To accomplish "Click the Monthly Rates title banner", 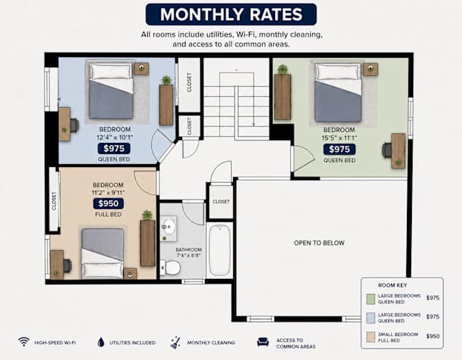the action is [231, 14].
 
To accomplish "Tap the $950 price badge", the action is [109, 203].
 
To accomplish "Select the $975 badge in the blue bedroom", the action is [114, 148].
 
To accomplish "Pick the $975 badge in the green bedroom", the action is [340, 149].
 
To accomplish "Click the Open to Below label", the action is [319, 243].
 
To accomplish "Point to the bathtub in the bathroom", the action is [219, 249].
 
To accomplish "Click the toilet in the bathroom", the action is [170, 267].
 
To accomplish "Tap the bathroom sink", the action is [168, 227].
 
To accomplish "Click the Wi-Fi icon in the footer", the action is [24, 342].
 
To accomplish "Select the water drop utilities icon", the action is [101, 342].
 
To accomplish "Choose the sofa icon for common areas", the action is [263, 342].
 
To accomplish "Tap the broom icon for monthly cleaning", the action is [175, 343].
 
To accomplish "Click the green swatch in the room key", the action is [371, 299].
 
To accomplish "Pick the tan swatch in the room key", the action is [371, 337].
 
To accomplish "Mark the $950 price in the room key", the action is [433, 336].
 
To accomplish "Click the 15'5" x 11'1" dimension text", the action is [340, 138].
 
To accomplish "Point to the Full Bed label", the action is [108, 214].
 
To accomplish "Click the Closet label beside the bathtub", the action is [221, 201].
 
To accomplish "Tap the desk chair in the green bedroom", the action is [387, 150].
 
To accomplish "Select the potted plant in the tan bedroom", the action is [147, 215].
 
